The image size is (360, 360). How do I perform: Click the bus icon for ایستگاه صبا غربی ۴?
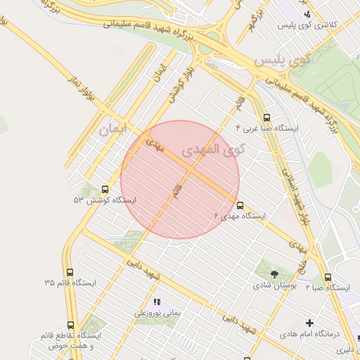click(x=266, y=118)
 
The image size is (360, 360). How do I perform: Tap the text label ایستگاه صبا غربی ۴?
click(x=271, y=129)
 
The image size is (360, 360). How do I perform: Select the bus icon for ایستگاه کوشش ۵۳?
click(x=105, y=189)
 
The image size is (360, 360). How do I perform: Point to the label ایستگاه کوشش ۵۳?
click(x=105, y=200)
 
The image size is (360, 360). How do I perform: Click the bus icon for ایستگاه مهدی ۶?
click(x=240, y=206)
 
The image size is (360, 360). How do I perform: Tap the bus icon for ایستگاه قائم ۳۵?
click(x=70, y=272)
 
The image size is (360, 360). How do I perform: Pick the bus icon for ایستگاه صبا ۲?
click(x=328, y=277)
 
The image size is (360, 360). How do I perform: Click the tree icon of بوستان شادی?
click(x=274, y=275)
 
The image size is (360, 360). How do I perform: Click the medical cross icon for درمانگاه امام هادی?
click(x=309, y=323)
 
